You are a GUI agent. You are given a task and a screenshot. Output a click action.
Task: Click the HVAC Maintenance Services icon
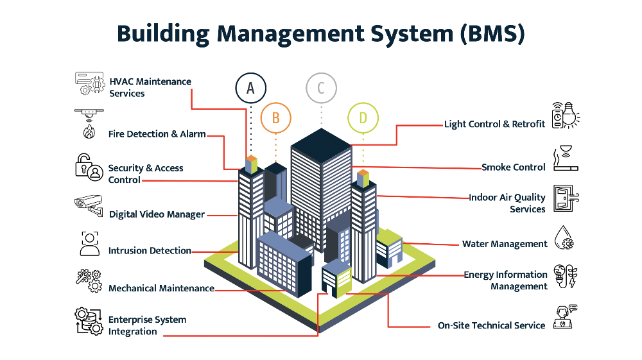90,83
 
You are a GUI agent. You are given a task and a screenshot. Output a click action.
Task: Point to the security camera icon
89,205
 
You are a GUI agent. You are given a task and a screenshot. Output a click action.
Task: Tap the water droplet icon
564,237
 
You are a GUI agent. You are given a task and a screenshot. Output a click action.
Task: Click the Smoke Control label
514,167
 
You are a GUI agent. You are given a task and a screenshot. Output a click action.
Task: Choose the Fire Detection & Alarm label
157,133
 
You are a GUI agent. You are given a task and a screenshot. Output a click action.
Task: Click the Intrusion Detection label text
150,250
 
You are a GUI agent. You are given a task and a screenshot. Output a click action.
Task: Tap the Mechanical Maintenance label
161,288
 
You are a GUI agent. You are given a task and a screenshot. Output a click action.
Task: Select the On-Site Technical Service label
491,325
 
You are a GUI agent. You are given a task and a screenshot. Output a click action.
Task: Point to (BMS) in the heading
492,34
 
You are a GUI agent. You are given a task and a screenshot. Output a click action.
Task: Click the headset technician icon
565,316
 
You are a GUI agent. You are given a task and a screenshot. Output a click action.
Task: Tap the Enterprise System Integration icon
89,321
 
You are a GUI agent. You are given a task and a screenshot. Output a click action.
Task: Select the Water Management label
505,244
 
